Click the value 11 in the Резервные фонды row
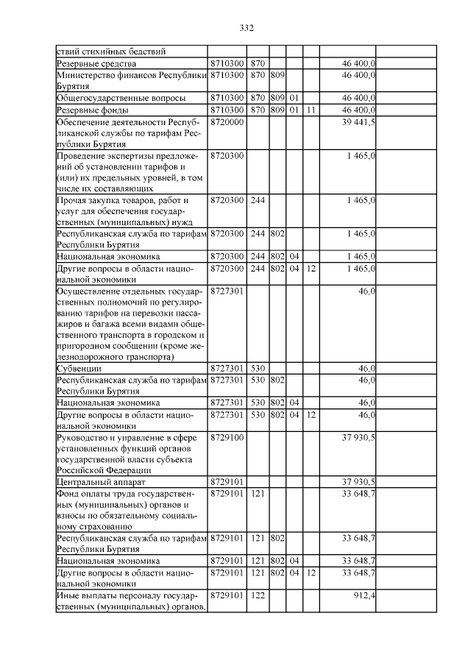[x=311, y=110]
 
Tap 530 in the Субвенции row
[x=258, y=368]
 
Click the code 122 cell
[x=258, y=595]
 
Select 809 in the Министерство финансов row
[x=277, y=75]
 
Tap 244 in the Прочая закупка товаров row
[x=258, y=200]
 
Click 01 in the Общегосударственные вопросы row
[x=294, y=98]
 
